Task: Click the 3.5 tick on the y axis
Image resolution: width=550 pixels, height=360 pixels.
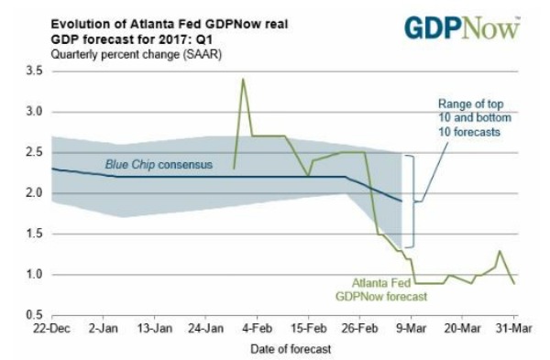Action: coord(34,71)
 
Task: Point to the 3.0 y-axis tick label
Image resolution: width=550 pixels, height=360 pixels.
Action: coord(34,112)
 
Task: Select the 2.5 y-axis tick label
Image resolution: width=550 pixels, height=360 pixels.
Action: coord(34,152)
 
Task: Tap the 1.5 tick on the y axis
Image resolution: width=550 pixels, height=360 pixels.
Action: coord(34,234)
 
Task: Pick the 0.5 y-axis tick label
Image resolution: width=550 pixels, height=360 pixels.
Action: coord(34,315)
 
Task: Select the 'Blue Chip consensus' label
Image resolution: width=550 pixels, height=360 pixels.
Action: coord(158,165)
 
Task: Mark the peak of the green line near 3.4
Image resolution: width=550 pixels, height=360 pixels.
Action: coord(243,79)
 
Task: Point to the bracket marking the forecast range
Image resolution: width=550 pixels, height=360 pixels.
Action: coord(412,201)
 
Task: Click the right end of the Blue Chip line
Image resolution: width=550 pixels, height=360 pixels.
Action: coord(401,201)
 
